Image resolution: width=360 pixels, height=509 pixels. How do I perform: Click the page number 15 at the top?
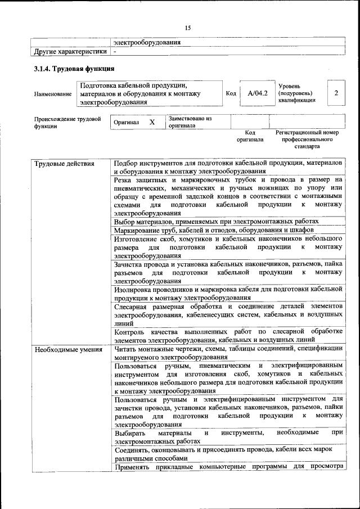click(188, 28)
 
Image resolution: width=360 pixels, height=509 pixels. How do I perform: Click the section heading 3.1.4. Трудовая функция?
click(74, 69)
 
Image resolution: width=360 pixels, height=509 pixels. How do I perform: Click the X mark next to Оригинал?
click(152, 122)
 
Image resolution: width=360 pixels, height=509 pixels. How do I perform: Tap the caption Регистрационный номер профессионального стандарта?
click(307, 139)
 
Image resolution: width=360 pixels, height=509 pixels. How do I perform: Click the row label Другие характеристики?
click(70, 52)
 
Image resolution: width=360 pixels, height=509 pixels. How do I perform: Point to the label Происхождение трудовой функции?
click(67, 123)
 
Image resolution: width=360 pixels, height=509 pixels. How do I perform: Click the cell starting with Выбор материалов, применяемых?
click(217, 222)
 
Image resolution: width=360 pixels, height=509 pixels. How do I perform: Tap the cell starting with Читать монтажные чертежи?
click(228, 353)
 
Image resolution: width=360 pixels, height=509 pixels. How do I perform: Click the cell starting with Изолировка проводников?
click(228, 293)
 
